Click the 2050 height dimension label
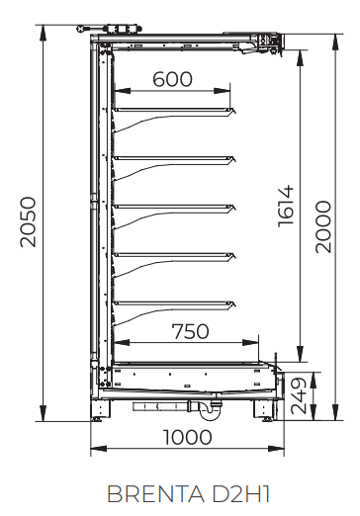(28, 221)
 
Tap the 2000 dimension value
(323, 227)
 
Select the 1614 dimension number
(286, 207)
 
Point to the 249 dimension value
(299, 395)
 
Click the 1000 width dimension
(188, 437)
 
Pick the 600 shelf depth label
(172, 79)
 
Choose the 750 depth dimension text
(191, 331)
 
